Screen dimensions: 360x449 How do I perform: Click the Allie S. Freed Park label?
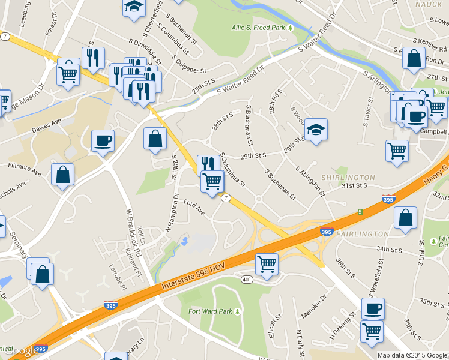point(258,28)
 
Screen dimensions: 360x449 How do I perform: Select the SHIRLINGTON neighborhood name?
point(348,178)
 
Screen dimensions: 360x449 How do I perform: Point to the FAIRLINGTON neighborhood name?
point(362,233)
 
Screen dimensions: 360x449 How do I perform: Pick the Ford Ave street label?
point(194,208)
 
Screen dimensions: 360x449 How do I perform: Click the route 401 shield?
point(246,280)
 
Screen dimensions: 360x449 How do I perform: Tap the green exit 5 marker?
point(360,212)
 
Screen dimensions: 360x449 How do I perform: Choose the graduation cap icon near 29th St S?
point(316,129)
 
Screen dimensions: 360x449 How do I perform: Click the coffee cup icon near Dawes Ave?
point(103,141)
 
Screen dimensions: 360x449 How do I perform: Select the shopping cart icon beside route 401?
point(267,263)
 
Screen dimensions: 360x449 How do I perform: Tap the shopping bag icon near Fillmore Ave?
point(62,175)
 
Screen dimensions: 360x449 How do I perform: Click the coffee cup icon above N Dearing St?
point(373,308)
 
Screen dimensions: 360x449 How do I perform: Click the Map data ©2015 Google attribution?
point(412,355)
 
